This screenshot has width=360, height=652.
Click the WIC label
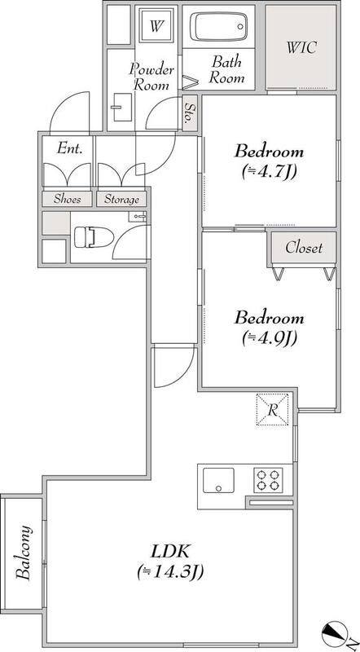[301, 47]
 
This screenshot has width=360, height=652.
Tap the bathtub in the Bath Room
[218, 26]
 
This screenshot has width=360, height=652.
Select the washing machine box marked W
[156, 27]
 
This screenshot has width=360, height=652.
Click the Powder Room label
[151, 77]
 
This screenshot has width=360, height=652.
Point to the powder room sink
[122, 108]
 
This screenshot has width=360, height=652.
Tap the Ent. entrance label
[69, 148]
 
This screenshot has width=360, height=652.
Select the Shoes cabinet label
[68, 199]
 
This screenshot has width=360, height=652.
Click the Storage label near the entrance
[121, 200]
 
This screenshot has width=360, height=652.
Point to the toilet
[93, 238]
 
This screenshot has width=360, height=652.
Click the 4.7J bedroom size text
[269, 171]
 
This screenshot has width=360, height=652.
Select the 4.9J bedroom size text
[269, 339]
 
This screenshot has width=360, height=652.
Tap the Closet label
[304, 249]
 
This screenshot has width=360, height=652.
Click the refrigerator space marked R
[272, 409]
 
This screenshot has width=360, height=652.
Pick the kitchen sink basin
[218, 480]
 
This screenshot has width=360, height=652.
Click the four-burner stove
[268, 480]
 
